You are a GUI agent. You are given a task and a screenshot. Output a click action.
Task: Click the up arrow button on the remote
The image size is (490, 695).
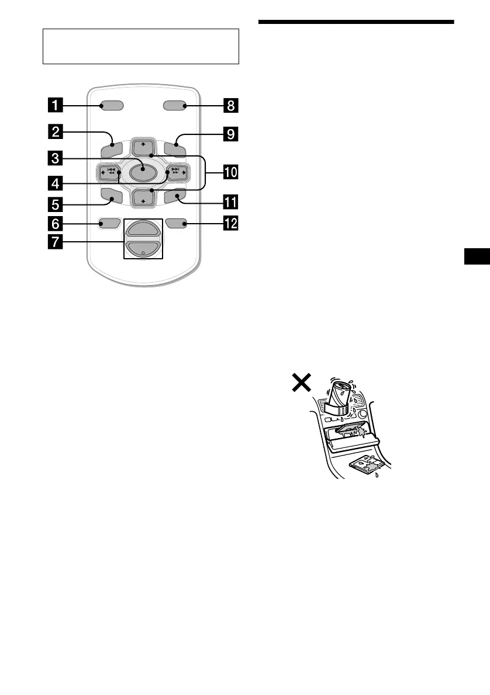(143, 145)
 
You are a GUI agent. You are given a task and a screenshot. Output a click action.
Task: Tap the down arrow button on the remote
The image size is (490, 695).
(143, 199)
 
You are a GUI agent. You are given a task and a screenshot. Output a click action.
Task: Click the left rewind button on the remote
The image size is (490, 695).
(110, 172)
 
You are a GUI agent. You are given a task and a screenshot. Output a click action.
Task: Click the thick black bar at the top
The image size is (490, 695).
(356, 22)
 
